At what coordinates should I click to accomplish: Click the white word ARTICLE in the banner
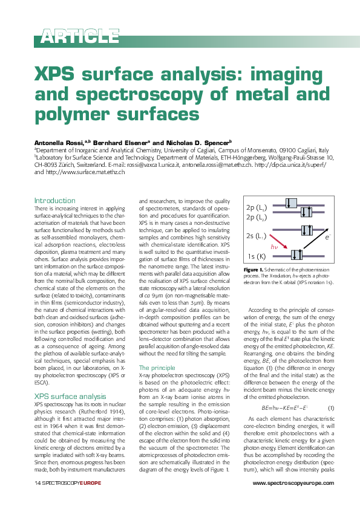click(x=80, y=36)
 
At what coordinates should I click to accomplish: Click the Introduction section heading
click(x=54, y=200)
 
